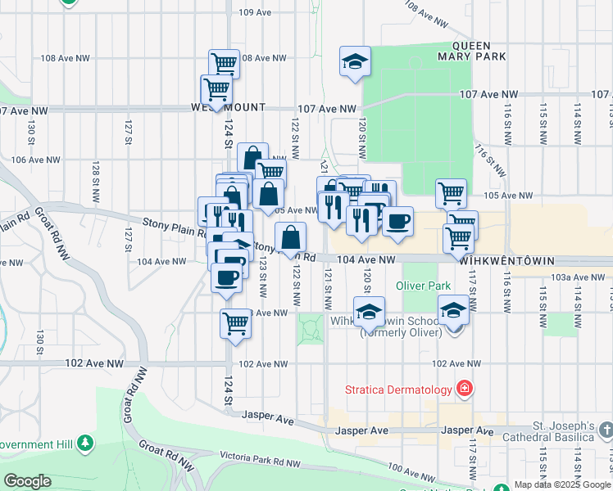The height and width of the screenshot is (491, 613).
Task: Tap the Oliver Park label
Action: (423, 286)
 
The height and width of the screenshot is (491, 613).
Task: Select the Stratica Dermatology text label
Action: (400, 387)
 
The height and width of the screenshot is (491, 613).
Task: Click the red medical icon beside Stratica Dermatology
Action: (465, 387)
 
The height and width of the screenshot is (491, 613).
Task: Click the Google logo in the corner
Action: (27, 481)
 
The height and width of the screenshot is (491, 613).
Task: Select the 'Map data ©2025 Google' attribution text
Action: (562, 484)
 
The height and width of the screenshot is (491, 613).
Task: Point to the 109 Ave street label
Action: (255, 12)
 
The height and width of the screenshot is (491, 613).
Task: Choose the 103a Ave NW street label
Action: (572, 277)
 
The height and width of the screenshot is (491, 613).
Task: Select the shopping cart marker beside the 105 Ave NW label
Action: (451, 193)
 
